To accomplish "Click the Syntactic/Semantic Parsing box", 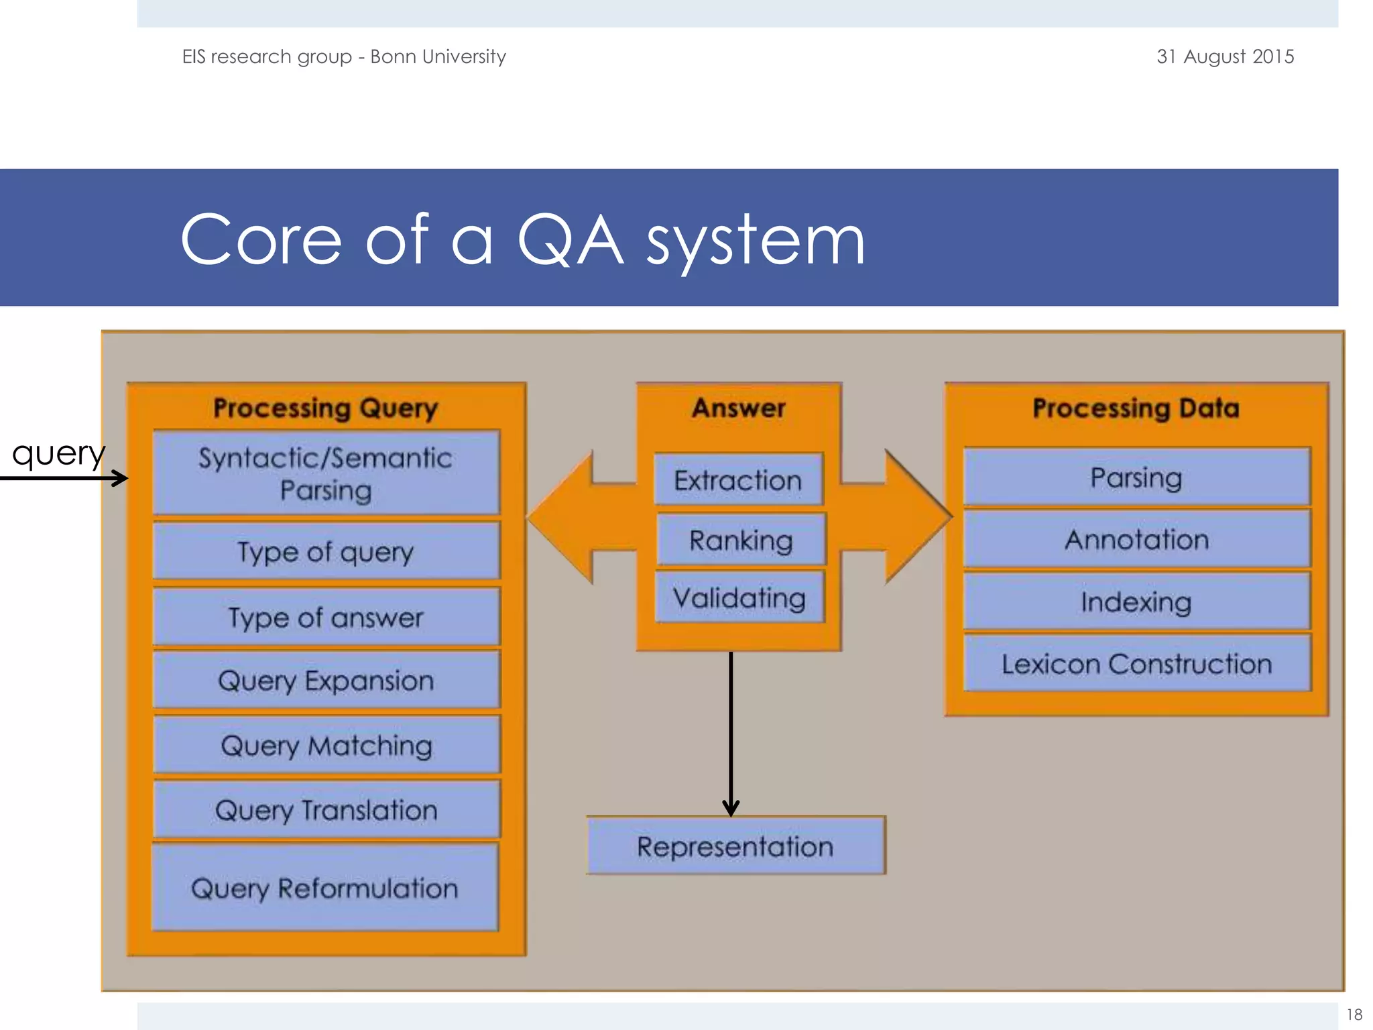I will click(326, 473).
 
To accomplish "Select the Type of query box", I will click(326, 551).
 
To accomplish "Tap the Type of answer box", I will click(326, 617).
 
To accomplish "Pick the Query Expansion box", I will click(326, 680).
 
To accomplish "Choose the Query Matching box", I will click(326, 745).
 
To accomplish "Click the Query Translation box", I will click(326, 810).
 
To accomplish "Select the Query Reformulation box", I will click(325, 888).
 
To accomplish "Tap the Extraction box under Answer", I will click(738, 480).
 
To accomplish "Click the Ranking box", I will click(741, 540).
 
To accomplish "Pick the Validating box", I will click(739, 597).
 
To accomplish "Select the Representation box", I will click(735, 846).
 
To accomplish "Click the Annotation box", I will click(1136, 539).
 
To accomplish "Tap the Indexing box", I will click(1136, 602).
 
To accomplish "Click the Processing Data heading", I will click(1136, 408).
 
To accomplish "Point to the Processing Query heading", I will click(326, 408).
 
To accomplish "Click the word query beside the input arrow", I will click(59, 454).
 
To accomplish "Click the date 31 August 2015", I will click(1225, 56).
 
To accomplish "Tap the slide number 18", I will click(1354, 1015).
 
